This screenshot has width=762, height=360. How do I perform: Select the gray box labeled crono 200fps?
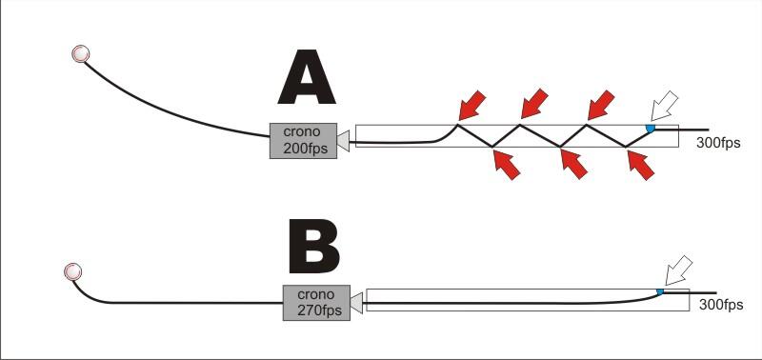(304, 141)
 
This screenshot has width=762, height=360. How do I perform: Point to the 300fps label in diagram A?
(718, 144)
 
